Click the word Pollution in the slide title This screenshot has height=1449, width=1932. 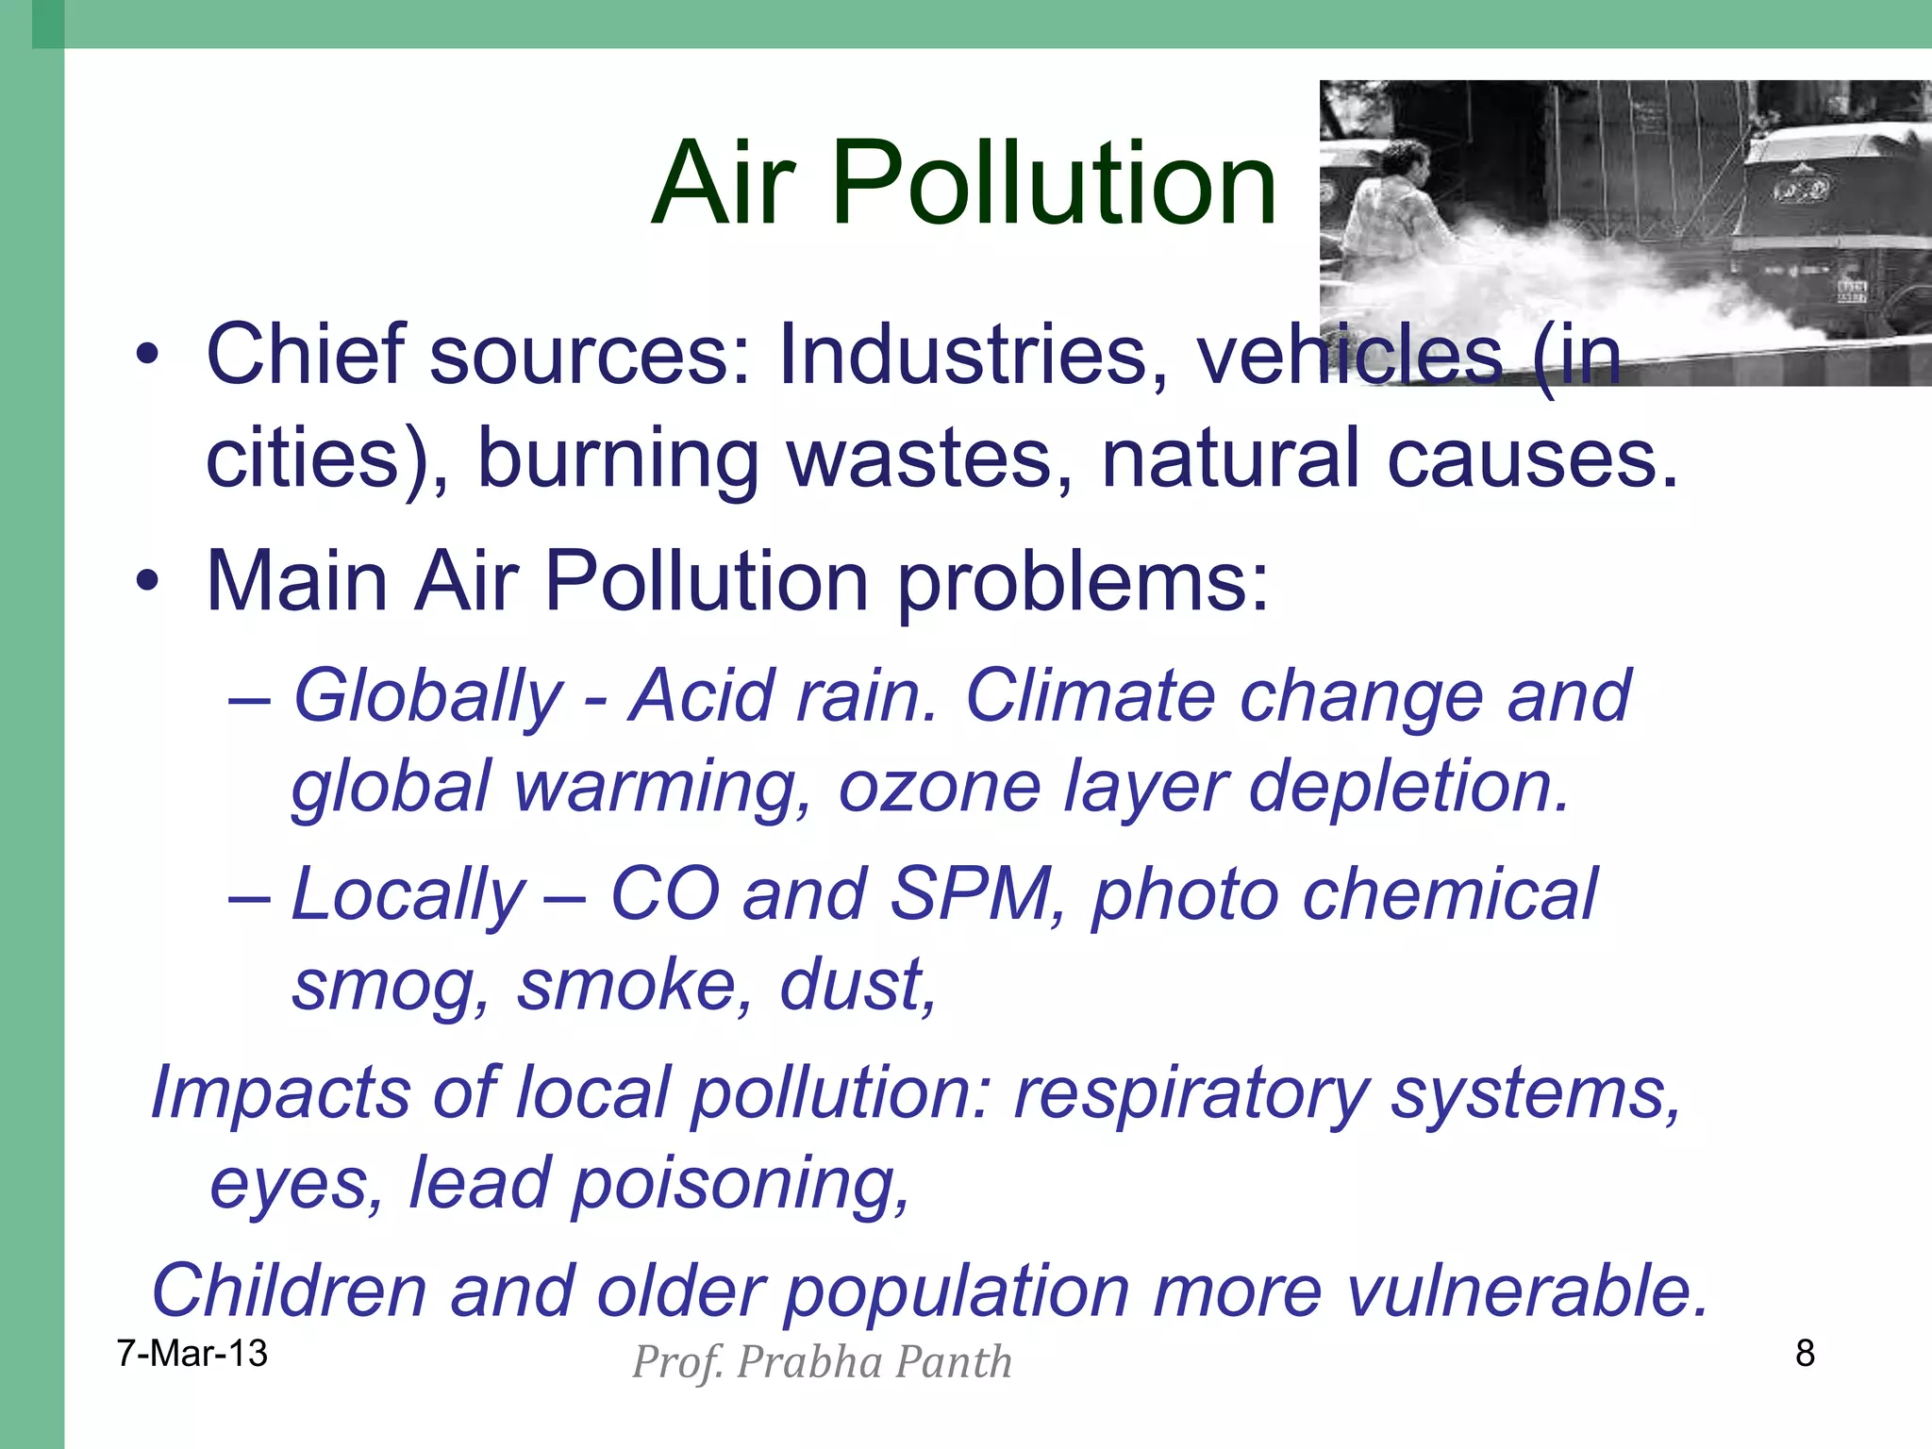coord(1054,184)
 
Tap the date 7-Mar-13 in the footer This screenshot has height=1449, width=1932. coord(192,1354)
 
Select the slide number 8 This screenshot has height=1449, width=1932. coord(1805,1354)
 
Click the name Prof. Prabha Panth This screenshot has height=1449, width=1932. coord(822,1362)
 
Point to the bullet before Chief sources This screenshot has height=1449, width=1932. coord(147,357)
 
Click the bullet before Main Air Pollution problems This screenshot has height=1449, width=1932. coord(147,582)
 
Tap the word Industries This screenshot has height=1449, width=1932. coord(973,355)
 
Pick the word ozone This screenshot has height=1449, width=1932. coord(939,787)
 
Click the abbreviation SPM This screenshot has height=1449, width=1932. coord(972,893)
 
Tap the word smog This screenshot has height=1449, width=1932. coord(391,987)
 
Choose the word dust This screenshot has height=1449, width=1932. coord(857,985)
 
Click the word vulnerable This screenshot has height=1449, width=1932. coord(1526,1291)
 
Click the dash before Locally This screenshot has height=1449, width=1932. coord(250,896)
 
